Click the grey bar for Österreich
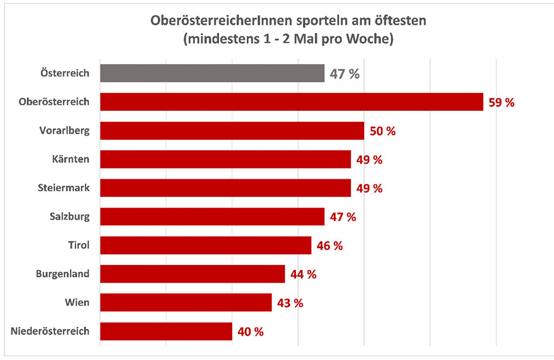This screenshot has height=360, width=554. point(212,73)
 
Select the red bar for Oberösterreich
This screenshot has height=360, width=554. point(291,102)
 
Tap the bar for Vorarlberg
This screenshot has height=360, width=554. point(232,130)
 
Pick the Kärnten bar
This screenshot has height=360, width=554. point(225,159)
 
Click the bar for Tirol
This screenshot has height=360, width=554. point(206,245)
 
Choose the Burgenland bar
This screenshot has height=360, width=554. point(192,274)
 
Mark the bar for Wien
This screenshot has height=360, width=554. point(186,302)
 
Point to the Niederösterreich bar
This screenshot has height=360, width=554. point(166,331)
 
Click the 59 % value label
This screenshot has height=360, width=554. point(501,103)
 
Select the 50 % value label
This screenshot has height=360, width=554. point(382,131)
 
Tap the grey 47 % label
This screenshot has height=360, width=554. point(345,74)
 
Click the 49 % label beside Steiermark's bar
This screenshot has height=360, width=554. point(370,189)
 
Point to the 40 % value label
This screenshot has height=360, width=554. point(250,332)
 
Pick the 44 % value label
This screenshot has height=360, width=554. point(303,275)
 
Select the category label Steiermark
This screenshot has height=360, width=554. point(64,188)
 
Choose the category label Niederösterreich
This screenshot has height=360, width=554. point(50,331)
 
